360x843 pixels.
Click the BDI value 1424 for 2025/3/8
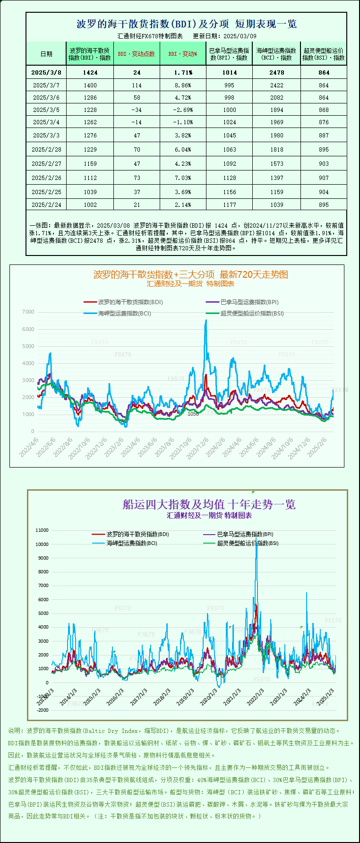(90, 72)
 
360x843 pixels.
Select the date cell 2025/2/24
(46, 204)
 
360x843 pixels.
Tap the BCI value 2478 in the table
(277, 72)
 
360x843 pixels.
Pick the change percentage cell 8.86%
(183, 85)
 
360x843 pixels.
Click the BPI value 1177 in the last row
(230, 204)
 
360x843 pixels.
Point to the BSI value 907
(324, 178)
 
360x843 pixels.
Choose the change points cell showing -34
(137, 110)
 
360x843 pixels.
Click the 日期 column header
(46, 54)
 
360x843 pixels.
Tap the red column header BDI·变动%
(183, 54)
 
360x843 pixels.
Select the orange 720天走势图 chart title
(190, 274)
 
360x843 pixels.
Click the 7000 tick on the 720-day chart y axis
(28, 312)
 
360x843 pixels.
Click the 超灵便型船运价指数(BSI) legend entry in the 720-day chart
(252, 313)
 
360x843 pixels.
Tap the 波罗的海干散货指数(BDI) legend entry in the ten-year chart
(137, 534)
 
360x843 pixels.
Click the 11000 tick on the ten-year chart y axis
(42, 530)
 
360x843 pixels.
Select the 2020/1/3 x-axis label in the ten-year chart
(208, 697)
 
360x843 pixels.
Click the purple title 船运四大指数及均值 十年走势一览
(209, 504)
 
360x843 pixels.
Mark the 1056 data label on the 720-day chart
(193, 414)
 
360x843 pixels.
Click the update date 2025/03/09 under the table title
(240, 36)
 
